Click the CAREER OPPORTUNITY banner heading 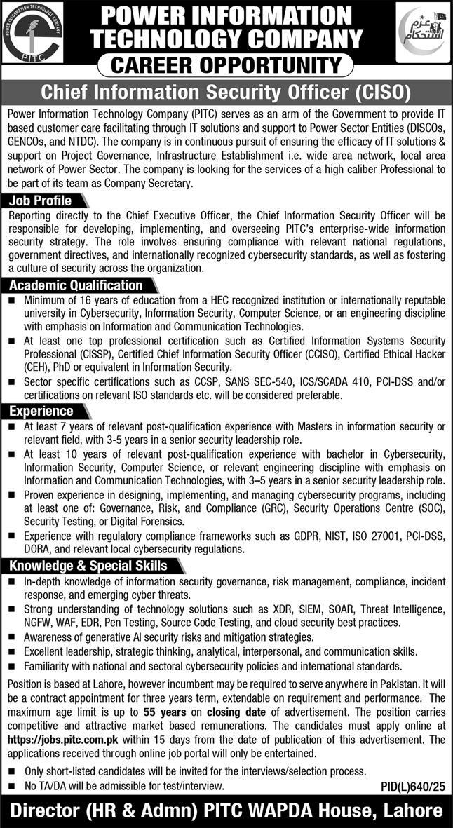(x=226, y=66)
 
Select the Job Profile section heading (x=42, y=201)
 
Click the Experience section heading (x=42, y=411)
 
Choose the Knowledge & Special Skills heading (x=88, y=566)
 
